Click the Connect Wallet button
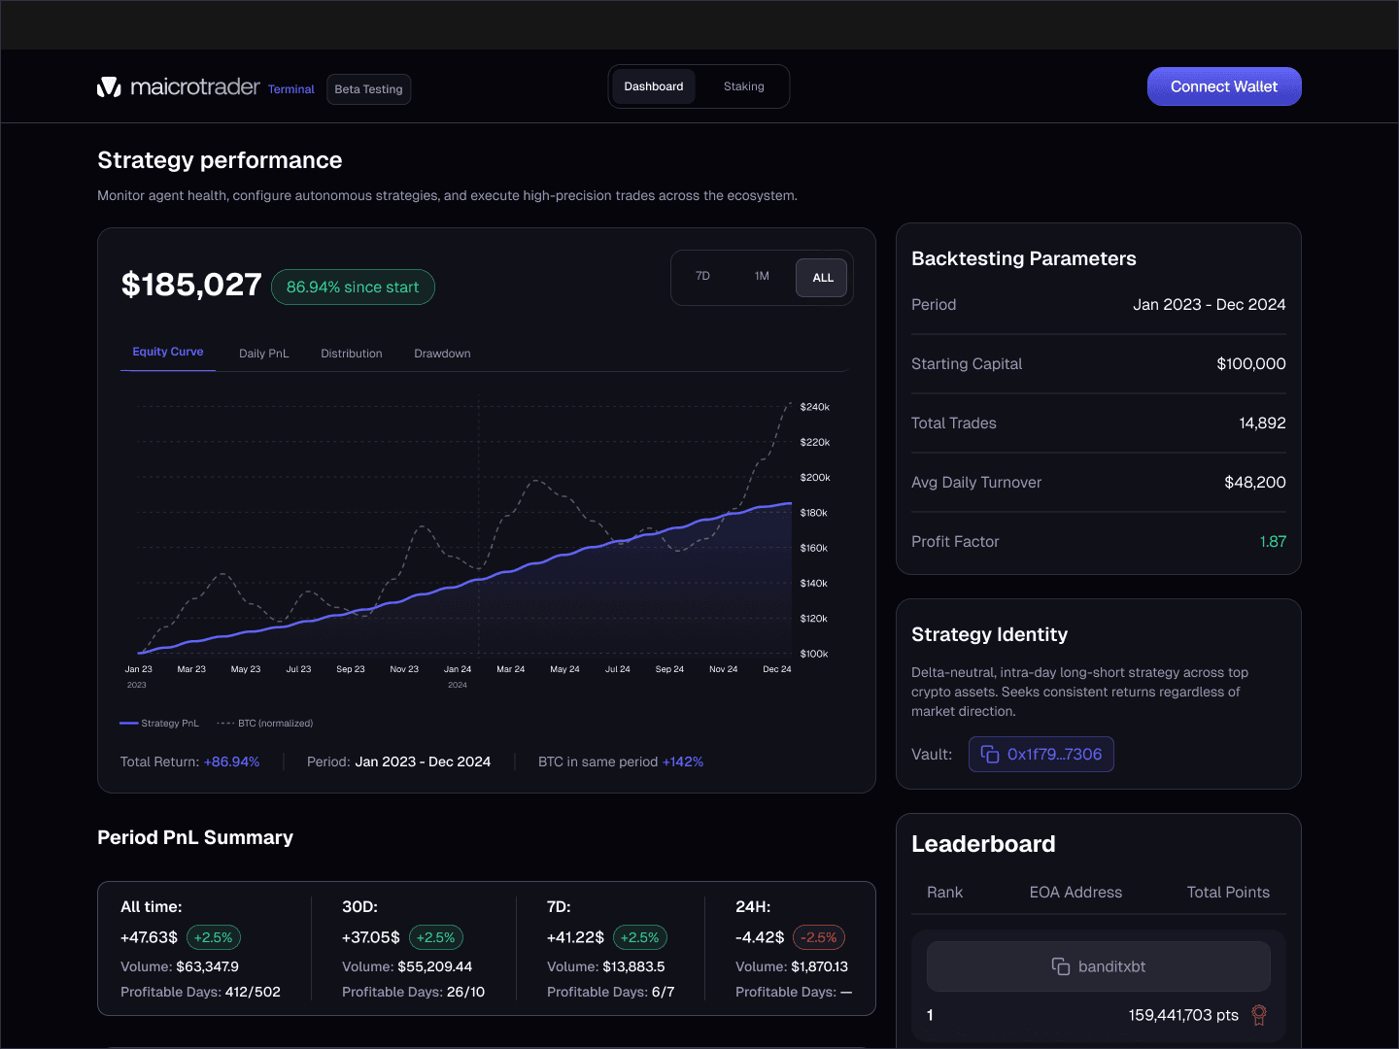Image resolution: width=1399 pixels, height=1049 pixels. coord(1224,86)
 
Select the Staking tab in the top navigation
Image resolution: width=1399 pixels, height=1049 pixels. coord(743,86)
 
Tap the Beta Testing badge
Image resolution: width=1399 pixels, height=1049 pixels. coord(368,89)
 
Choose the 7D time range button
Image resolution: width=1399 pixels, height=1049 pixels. coord(702,277)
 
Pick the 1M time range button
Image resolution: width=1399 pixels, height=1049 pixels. coord(762,277)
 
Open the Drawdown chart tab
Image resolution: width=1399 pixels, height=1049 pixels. coord(442,354)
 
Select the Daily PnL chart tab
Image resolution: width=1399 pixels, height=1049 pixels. coord(263,354)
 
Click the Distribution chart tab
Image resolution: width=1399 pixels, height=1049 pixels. coord(352,354)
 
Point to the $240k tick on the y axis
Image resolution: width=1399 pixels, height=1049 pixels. coord(814,407)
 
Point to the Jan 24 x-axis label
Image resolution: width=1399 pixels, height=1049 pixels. coord(458,669)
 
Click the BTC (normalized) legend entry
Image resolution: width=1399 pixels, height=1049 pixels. coord(265,724)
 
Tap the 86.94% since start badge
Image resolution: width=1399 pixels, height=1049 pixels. coord(353,288)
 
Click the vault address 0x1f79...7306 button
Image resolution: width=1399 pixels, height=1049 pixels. coord(1041,755)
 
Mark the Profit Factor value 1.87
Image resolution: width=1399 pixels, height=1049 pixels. coord(1273,542)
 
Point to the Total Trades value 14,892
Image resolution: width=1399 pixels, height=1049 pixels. coord(1262,423)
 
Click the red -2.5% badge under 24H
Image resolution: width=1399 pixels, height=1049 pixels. coord(819,938)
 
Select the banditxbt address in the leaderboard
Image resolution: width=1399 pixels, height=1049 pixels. coord(1099,966)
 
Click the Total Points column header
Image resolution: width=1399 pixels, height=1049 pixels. coord(1228,893)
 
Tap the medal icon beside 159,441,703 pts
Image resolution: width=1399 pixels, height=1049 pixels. coord(1259,1015)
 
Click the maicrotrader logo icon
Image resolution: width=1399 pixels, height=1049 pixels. coord(109,87)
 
